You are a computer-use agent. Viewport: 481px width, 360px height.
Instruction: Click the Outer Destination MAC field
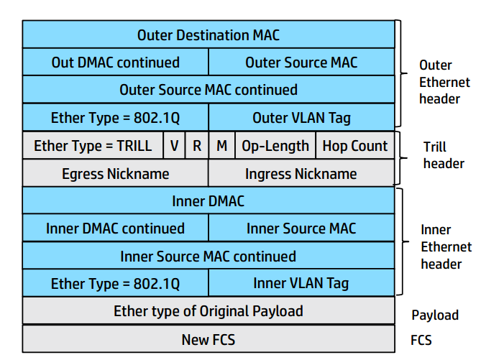pyautogui.click(x=208, y=34)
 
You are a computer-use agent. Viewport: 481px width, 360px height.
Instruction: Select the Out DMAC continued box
pyautogui.click(x=115, y=63)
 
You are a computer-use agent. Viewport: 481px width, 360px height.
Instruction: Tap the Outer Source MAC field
pyautogui.click(x=301, y=63)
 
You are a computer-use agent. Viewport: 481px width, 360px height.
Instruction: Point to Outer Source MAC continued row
pyautogui.click(x=208, y=90)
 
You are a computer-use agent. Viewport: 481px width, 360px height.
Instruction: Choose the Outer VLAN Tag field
pyautogui.click(x=301, y=117)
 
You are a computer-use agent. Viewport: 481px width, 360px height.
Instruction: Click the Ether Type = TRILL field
pyautogui.click(x=93, y=146)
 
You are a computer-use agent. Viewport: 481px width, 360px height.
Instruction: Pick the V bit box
pyautogui.click(x=174, y=146)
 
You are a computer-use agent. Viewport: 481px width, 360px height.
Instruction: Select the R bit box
pyautogui.click(x=196, y=146)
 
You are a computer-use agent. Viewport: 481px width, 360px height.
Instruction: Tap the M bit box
pyautogui.click(x=221, y=146)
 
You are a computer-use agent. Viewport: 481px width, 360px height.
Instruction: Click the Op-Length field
pyautogui.click(x=275, y=146)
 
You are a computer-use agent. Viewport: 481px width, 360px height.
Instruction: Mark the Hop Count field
pyautogui.click(x=354, y=146)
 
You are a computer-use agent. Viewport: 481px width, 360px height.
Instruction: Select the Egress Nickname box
pyautogui.click(x=115, y=173)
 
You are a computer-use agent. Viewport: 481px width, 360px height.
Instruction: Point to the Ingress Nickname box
pyautogui.click(x=301, y=173)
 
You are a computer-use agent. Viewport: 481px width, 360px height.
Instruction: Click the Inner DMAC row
pyautogui.click(x=208, y=201)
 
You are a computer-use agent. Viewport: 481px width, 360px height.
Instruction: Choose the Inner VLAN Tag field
pyautogui.click(x=301, y=283)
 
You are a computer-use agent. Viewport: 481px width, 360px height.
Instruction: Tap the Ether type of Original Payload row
pyautogui.click(x=208, y=311)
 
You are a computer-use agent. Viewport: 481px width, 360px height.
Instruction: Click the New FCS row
pyautogui.click(x=208, y=339)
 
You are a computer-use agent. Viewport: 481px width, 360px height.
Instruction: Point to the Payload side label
pyautogui.click(x=434, y=315)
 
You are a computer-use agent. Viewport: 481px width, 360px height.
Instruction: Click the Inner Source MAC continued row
pyautogui.click(x=208, y=257)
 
